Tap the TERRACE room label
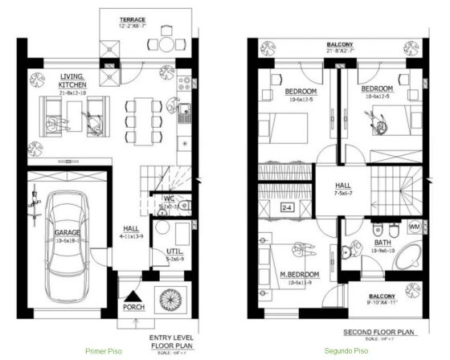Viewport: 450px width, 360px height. click(x=133, y=17)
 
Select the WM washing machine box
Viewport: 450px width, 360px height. click(x=415, y=227)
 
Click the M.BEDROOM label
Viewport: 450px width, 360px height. click(x=300, y=274)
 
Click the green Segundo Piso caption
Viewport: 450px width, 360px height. click(x=347, y=351)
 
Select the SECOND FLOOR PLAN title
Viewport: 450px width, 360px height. click(x=380, y=331)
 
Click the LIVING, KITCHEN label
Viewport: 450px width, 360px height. click(x=73, y=80)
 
